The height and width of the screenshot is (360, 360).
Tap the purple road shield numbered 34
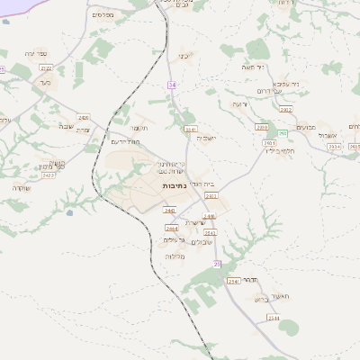point(171,85)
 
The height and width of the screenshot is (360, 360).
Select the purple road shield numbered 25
point(217,263)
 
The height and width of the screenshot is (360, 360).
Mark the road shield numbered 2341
point(190,129)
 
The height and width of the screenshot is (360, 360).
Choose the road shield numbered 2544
point(233,282)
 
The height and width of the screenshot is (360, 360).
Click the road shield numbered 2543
point(210,232)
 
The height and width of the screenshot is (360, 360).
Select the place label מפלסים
point(103,15)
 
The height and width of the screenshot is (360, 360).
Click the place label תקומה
point(151,128)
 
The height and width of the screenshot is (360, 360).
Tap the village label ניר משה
point(251,68)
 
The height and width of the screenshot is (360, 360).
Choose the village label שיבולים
point(202,241)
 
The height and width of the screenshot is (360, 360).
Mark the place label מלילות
point(175,256)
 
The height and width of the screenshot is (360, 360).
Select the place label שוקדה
point(22,187)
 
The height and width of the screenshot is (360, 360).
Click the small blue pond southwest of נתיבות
point(68,213)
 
